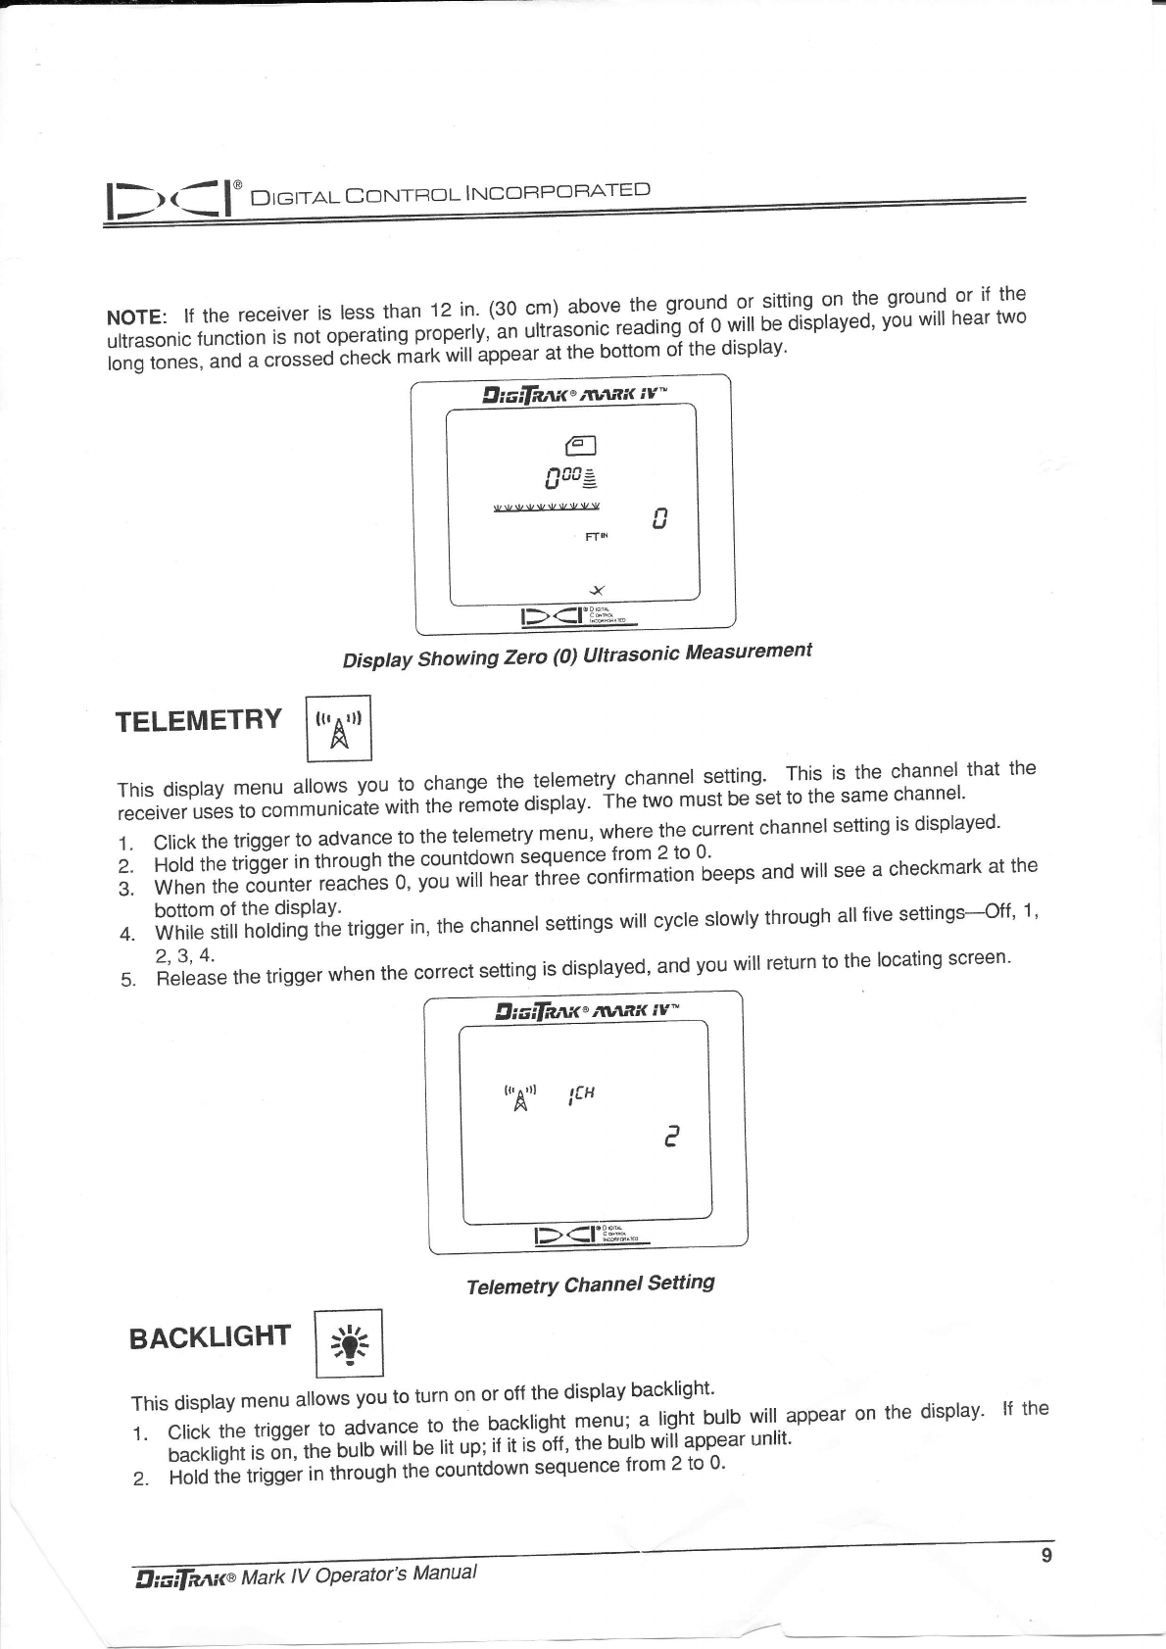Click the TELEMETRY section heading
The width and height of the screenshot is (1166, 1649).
(x=199, y=720)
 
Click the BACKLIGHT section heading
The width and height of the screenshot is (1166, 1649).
(x=211, y=1336)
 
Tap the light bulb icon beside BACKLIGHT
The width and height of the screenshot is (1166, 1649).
(x=348, y=1343)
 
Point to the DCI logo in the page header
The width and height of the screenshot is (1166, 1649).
(x=172, y=199)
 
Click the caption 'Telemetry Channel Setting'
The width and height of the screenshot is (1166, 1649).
(x=590, y=1285)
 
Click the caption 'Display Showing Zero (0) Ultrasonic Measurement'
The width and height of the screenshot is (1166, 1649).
(x=577, y=655)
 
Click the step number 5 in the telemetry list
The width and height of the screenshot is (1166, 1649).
(x=124, y=981)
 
